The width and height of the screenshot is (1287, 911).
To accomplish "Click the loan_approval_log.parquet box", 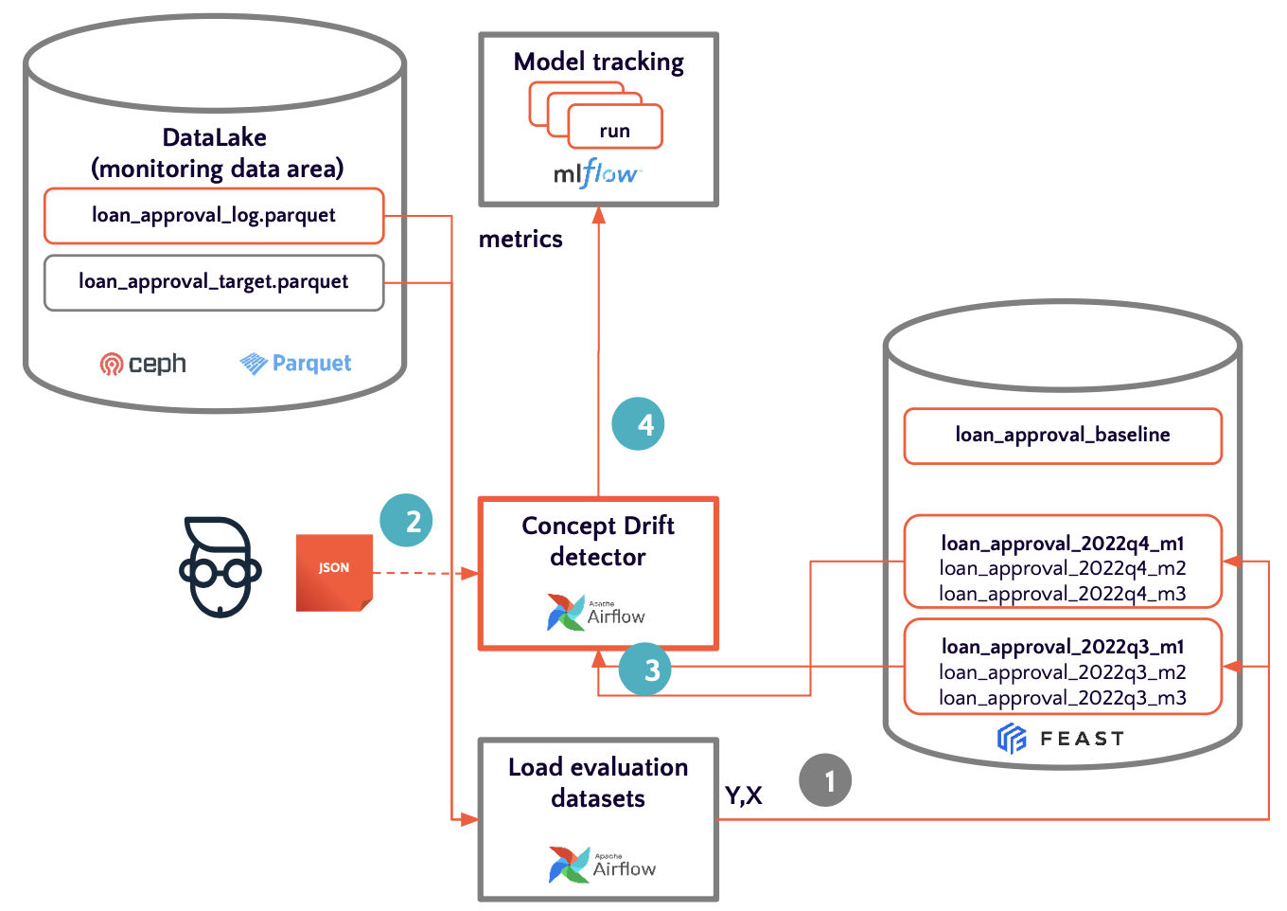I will [214, 216].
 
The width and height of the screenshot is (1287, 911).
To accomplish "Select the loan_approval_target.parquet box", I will [214, 282].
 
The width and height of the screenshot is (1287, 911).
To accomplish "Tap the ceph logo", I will [143, 364].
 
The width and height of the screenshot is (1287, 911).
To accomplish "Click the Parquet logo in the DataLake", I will [295, 364].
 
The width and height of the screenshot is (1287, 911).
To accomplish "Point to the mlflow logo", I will [596, 174].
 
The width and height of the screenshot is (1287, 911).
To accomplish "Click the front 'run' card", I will [615, 130].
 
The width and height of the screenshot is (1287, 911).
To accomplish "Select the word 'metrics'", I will [520, 240].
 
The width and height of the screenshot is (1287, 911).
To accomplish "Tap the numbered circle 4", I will [639, 424].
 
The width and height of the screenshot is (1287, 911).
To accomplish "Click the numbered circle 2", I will [406, 521].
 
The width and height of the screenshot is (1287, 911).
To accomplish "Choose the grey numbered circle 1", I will [825, 780].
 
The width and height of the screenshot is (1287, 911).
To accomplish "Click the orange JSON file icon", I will [334, 572].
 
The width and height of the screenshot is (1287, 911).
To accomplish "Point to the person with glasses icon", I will [220, 567].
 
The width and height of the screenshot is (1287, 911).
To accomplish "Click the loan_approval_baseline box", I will [1063, 436].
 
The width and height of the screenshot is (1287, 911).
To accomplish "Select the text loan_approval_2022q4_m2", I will [1063, 568].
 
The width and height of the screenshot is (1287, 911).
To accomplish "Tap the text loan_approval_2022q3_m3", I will [1063, 698].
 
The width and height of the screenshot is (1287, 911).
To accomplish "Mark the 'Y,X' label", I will [744, 795].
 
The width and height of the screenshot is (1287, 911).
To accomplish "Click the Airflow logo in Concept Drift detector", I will [596, 613].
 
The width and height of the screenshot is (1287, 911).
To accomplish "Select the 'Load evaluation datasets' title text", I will [598, 782].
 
